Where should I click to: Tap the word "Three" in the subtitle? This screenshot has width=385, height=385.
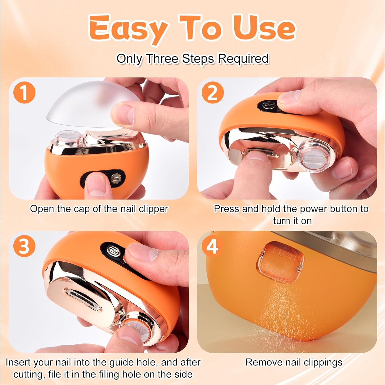(x=162, y=59)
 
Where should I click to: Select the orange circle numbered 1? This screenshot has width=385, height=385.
(x=24, y=93)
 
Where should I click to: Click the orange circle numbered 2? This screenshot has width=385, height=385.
(x=213, y=93)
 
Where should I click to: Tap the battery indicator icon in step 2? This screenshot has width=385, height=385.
(x=269, y=105)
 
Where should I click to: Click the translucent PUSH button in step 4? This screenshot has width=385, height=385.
(x=280, y=262)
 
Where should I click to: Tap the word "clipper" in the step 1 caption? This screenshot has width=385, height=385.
(x=153, y=209)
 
